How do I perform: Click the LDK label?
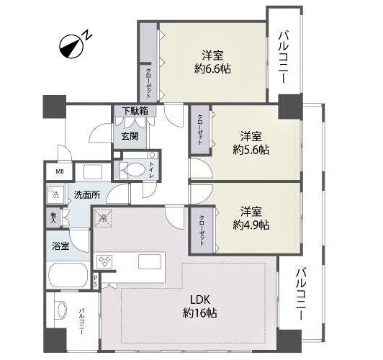(200, 299)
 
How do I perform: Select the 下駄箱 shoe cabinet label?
(134, 112)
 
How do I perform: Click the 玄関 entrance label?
(130, 135)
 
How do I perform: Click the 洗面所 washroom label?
(86, 194)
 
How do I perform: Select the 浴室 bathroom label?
(60, 246)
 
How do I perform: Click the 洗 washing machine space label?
(55, 194)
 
